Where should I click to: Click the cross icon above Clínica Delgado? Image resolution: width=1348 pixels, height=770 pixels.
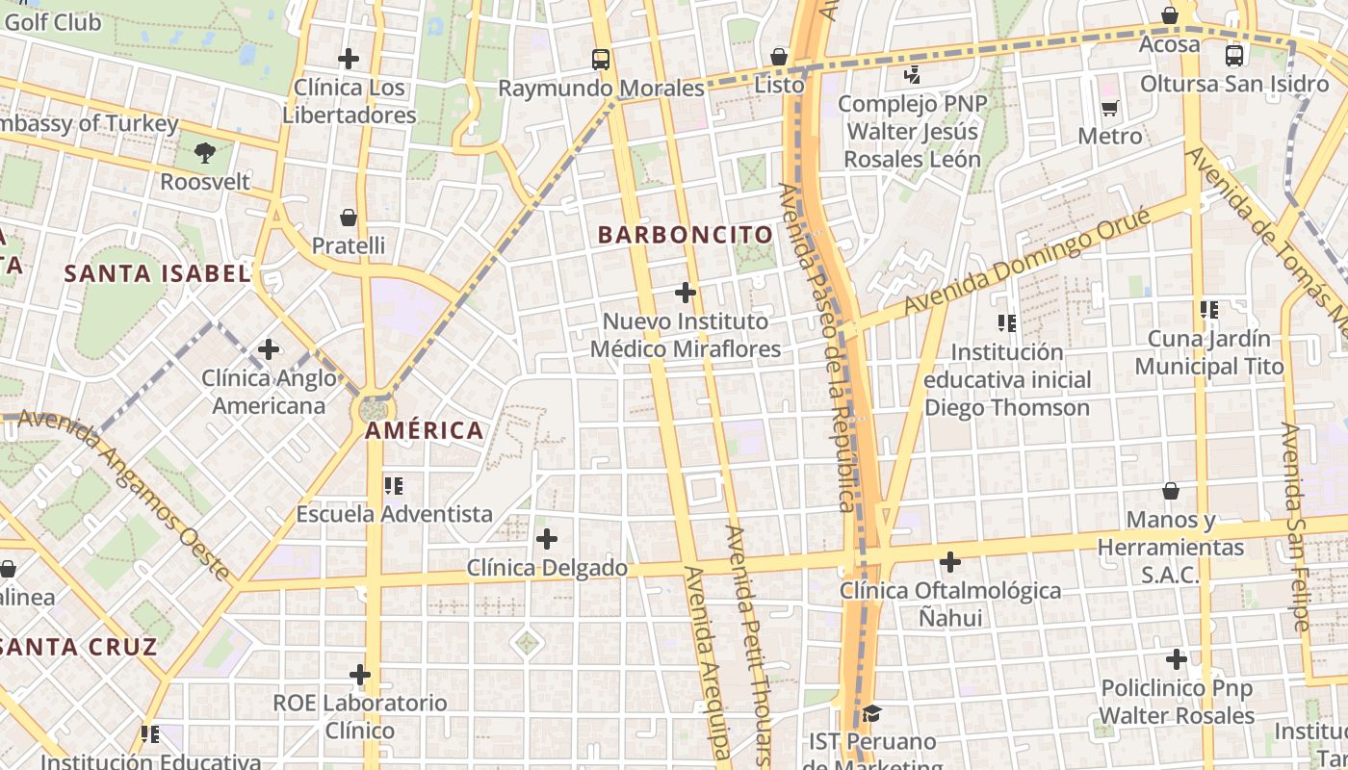(x=547, y=539)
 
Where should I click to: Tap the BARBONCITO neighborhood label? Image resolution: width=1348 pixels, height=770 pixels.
(x=686, y=235)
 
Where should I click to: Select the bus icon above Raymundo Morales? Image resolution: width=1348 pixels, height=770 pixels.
(x=601, y=60)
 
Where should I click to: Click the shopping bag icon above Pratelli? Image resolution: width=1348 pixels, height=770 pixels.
(x=349, y=218)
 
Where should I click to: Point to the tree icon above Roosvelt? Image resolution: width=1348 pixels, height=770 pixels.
(x=204, y=151)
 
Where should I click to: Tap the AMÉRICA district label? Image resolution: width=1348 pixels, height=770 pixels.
(x=424, y=430)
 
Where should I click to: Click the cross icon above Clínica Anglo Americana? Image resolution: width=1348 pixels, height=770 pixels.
(x=269, y=348)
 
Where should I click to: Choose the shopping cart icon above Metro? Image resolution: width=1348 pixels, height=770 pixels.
(x=1109, y=108)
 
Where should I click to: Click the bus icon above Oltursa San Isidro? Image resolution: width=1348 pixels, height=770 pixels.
(x=1234, y=56)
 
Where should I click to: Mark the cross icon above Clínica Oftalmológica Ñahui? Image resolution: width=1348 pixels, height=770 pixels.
(x=950, y=561)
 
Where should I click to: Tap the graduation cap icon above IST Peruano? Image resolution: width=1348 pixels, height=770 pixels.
(x=872, y=713)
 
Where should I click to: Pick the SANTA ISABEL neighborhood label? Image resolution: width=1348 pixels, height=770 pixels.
(x=157, y=273)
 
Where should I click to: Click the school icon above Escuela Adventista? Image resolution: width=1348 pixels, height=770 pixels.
(x=394, y=485)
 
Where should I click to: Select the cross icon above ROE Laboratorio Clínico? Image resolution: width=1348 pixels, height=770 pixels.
(x=360, y=674)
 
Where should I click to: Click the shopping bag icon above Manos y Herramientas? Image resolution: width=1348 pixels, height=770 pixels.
(x=1171, y=491)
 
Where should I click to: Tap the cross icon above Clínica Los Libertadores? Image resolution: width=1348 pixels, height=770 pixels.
(x=349, y=59)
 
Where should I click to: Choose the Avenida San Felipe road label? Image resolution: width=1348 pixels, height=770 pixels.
(x=1295, y=526)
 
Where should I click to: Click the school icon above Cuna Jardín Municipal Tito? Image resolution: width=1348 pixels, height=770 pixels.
(x=1209, y=310)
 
